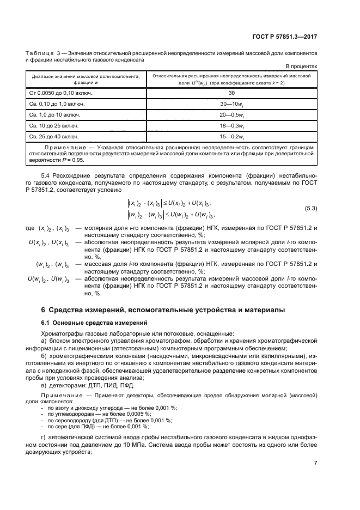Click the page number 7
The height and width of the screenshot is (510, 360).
point(315,463)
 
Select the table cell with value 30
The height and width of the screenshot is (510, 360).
point(231,93)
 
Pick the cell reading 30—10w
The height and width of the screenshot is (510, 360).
point(231,104)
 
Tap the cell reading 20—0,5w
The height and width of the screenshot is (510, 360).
point(231,115)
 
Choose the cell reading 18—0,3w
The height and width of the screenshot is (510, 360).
point(231,126)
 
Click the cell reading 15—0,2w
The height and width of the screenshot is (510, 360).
point(231,137)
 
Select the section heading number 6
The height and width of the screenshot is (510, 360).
point(44,309)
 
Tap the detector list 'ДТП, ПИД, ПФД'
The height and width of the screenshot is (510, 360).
point(110,386)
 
